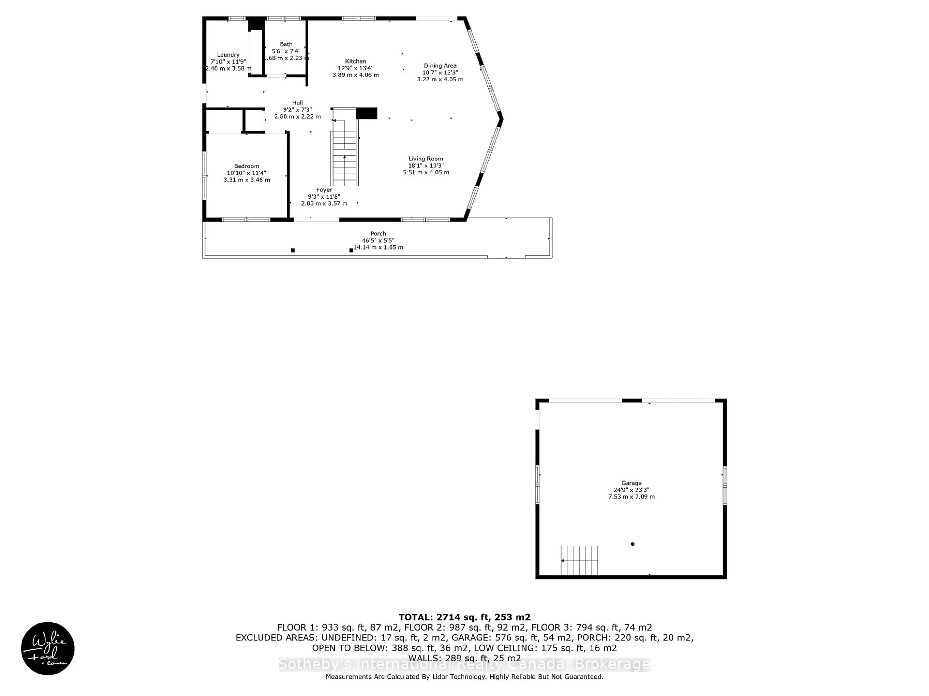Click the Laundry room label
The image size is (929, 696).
pos(228,55)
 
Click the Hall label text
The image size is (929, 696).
pos(297,103)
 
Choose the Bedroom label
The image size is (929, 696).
pos(247,166)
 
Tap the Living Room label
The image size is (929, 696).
pos(426,159)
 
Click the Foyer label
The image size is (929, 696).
pos(324,190)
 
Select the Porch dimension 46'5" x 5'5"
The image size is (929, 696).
pos(378,241)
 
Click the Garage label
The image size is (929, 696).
pos(631,483)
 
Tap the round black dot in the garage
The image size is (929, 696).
pos(632,544)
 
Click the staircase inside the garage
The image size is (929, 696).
pos(579,560)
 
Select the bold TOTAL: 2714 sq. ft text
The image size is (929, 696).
pos(464,617)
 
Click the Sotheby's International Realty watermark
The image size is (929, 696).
pos(464,665)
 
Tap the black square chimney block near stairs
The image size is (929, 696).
pos(366,113)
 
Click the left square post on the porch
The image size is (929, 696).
pos(293,250)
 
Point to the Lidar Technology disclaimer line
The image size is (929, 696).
pos(464,677)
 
